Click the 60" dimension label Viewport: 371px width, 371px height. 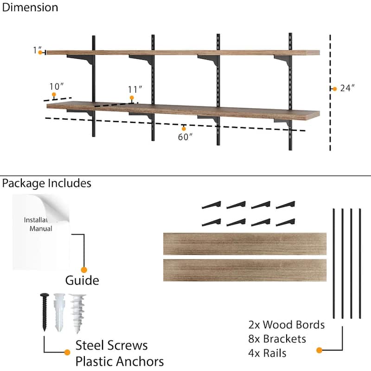coord(185,137)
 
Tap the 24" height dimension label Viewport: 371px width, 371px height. coord(347,89)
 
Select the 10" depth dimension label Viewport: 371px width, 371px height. coord(56,87)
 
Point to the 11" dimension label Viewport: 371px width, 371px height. coord(135,89)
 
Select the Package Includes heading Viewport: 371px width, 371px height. coord(46,183)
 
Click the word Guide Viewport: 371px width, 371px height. coord(82,281)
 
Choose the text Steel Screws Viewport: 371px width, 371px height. coord(111,345)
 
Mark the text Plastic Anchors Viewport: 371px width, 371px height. coord(120,361)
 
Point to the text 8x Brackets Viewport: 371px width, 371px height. coord(277,339)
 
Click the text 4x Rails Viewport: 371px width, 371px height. coord(268,353)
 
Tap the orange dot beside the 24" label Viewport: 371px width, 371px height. coord(334,89)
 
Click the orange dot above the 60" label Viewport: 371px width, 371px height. coord(184,128)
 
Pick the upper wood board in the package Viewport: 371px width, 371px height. coord(244,244)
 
